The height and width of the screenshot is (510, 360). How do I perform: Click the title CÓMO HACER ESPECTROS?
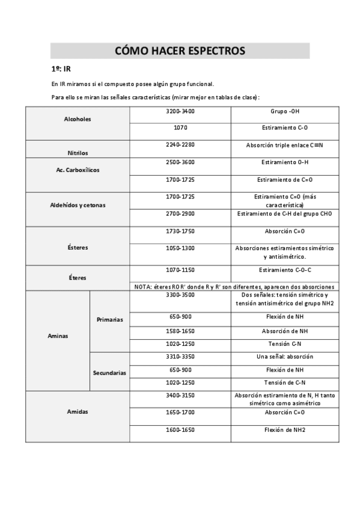pyautogui.click(x=180, y=51)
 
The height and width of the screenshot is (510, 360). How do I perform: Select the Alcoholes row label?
pyautogui.click(x=78, y=119)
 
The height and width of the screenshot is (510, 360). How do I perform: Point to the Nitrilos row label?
pyautogui.click(x=78, y=153)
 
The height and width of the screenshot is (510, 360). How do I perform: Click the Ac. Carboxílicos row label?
pyautogui.click(x=78, y=170)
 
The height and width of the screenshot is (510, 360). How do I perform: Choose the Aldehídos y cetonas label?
pyautogui.click(x=78, y=205)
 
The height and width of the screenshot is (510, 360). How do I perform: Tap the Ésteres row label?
pyautogui.click(x=78, y=247)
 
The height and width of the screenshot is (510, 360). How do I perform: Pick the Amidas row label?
pyautogui.click(x=78, y=412)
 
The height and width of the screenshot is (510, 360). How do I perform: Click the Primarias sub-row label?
pyautogui.click(x=109, y=319)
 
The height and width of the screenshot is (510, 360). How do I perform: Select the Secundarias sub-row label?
pyautogui.click(x=109, y=373)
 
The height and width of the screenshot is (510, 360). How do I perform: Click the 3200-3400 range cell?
pyautogui.click(x=180, y=111)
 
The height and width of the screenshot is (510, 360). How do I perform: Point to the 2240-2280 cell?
pyautogui.click(x=180, y=145)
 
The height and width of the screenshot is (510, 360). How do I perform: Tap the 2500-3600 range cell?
pyautogui.click(x=180, y=162)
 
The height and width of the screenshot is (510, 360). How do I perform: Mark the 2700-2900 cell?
pyautogui.click(x=180, y=214)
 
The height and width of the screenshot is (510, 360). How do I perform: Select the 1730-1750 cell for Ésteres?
pyautogui.click(x=180, y=231)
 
